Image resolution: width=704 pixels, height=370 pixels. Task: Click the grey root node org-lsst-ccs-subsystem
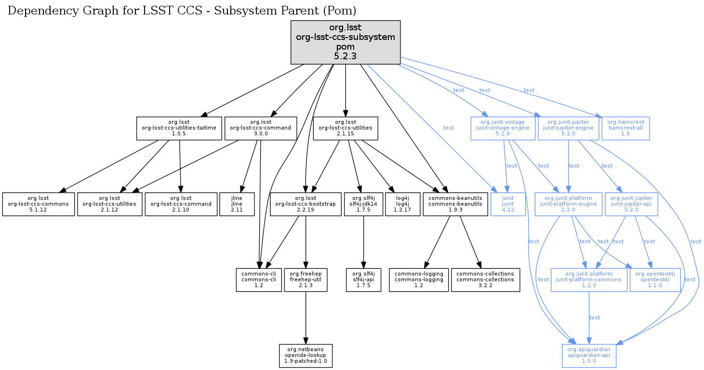345,42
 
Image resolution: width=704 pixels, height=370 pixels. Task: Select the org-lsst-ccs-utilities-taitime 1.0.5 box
179,128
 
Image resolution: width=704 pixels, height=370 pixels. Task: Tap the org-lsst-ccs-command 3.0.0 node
261,128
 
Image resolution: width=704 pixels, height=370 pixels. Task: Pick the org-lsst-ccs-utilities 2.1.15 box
345,128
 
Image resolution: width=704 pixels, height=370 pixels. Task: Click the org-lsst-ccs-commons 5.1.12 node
39,204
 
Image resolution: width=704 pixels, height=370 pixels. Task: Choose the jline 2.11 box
237,204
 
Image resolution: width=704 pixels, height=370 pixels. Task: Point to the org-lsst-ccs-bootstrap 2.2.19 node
305,204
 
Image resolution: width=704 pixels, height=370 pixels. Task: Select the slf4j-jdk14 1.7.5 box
363,204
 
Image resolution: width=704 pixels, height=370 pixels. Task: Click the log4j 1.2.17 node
402,204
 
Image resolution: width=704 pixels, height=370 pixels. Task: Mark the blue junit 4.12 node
508,204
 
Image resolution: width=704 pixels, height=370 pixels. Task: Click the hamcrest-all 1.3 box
625,128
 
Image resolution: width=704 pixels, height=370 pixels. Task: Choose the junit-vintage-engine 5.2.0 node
503,128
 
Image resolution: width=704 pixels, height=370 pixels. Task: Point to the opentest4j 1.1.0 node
655,280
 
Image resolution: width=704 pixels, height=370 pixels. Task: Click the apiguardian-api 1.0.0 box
589,356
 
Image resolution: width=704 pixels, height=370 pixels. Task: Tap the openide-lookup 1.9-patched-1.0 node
306,356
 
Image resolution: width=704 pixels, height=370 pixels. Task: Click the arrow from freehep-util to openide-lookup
306,318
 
